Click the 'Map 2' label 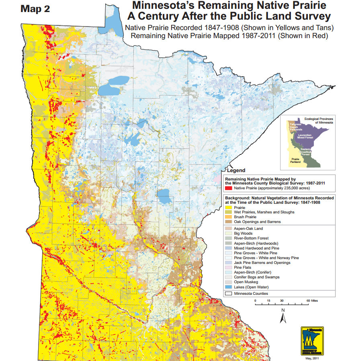(35, 9)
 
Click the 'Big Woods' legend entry (242, 233)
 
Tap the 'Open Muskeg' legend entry (244, 282)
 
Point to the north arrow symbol (283, 316)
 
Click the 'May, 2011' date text (312, 358)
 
